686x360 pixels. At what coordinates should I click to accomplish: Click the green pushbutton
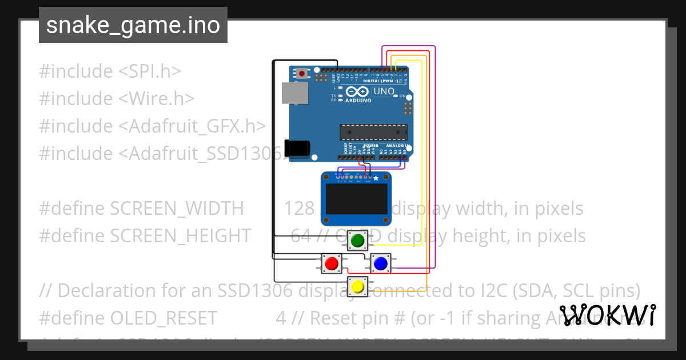click(x=358, y=241)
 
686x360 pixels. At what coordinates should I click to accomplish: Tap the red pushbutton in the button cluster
click(x=331, y=263)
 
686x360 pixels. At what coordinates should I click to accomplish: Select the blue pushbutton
click(x=380, y=263)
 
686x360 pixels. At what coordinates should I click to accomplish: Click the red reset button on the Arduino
click(x=302, y=73)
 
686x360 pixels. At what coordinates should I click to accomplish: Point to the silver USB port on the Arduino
click(x=294, y=93)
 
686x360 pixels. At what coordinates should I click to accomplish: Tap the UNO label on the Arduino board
click(x=384, y=91)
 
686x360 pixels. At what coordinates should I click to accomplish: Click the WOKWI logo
click(x=607, y=315)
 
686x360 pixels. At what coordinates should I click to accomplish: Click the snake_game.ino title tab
click(x=133, y=25)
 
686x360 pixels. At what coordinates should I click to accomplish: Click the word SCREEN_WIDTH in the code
click(x=177, y=209)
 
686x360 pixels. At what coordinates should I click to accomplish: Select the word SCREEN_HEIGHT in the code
click(x=180, y=235)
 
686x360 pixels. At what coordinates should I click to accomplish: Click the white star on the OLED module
click(x=376, y=179)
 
